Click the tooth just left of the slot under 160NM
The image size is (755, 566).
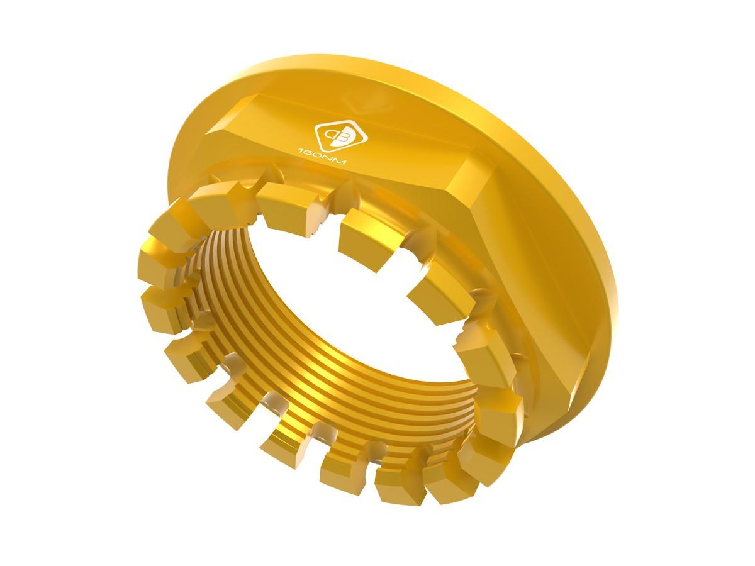[283, 204]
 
